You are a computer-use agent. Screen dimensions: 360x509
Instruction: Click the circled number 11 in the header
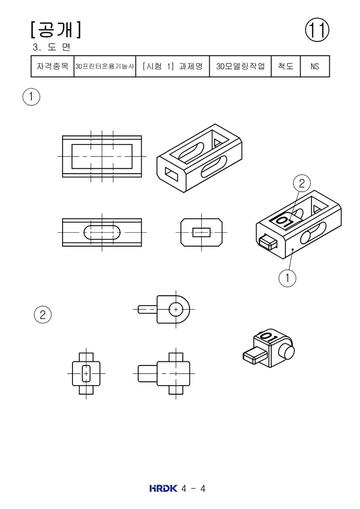coord(317,30)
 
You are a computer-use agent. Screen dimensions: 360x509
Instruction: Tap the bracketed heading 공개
coord(56,30)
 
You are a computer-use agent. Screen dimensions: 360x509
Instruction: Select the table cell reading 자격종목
coord(53,66)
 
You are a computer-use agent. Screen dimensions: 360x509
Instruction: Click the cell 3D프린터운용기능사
coord(104,66)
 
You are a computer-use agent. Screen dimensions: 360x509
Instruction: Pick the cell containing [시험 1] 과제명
coord(172,66)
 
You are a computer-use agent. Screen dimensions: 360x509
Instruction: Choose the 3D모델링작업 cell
coord(240,66)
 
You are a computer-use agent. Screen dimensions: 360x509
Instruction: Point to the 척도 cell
coord(286,66)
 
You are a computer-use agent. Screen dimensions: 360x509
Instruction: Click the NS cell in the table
coord(315,66)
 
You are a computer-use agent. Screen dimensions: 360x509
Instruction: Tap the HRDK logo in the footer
coord(163,488)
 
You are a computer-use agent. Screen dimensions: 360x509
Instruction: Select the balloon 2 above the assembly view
coord(302,184)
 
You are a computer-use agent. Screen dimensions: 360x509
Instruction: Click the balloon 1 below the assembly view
coord(287,278)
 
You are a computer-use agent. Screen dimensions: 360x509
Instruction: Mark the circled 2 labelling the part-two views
coord(43,315)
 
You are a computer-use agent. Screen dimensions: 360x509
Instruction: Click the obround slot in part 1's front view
coord(102,232)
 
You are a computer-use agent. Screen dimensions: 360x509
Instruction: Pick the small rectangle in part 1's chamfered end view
coord(201,232)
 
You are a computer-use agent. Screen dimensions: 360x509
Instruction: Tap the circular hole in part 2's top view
coord(176,309)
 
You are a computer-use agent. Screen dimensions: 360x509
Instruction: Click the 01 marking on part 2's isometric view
coord(269,336)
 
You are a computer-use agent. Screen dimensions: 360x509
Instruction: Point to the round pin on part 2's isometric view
coord(286,351)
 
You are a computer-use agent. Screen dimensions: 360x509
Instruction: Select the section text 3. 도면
coord(51,47)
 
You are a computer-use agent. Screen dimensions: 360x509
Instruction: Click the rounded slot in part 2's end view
coord(86,374)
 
